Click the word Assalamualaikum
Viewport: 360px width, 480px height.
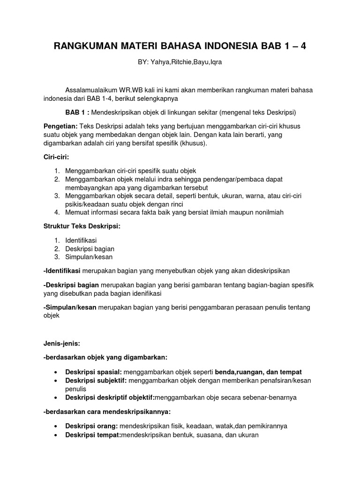coord(92,90)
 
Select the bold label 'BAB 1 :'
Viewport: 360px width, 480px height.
coord(77,112)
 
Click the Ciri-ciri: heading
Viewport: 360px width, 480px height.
coord(56,157)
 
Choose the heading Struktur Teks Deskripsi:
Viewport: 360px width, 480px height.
coord(82,226)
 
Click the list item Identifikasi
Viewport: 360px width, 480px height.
coord(81,240)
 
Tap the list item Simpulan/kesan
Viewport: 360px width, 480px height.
coord(89,257)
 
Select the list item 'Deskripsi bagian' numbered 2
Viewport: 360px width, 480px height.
coord(90,249)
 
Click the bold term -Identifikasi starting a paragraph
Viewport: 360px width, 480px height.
coord(62,270)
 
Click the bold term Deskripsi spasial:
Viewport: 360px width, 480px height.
coord(93,372)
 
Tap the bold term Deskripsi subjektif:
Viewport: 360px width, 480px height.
coord(96,380)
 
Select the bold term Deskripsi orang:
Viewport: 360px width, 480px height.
coord(91,426)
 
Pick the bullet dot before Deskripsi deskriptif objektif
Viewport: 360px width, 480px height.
coord(56,397)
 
